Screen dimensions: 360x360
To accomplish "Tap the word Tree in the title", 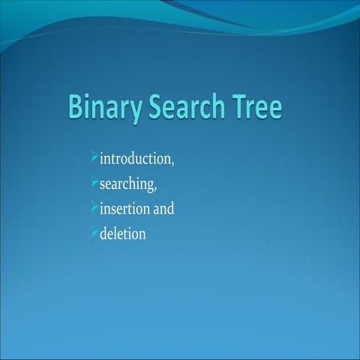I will coord(256,106).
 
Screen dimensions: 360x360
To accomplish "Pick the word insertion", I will coord(127,208).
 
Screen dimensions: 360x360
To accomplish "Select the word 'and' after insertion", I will coord(164,208).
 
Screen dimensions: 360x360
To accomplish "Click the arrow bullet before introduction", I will coord(94,157).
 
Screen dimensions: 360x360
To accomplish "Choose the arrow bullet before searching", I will coord(94,181).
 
